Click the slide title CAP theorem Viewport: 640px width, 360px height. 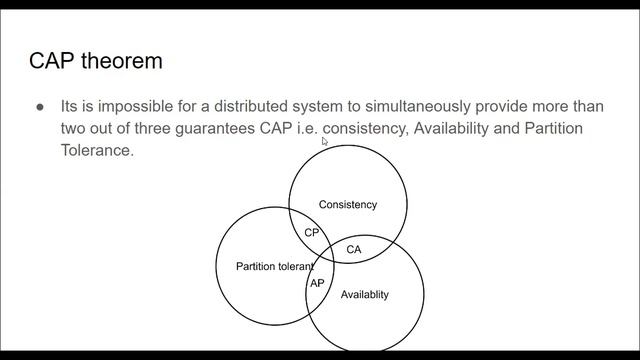(96, 62)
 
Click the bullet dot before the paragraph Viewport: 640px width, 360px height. (40, 106)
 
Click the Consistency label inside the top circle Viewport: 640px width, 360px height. (347, 205)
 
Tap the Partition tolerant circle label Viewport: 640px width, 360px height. (273, 267)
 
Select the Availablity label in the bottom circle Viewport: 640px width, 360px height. (364, 295)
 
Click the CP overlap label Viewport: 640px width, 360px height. (312, 233)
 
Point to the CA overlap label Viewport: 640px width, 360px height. (353, 249)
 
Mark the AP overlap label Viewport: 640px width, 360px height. (316, 284)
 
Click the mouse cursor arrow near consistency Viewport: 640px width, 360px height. (324, 142)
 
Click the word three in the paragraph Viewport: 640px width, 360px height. (133, 129)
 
